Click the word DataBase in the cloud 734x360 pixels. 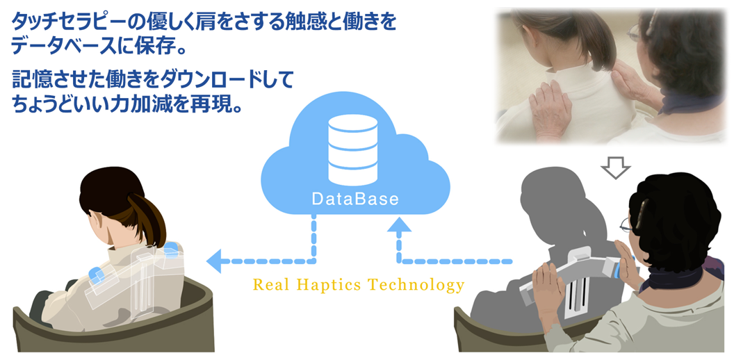tap(354, 199)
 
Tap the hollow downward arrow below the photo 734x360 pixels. tap(615, 166)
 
